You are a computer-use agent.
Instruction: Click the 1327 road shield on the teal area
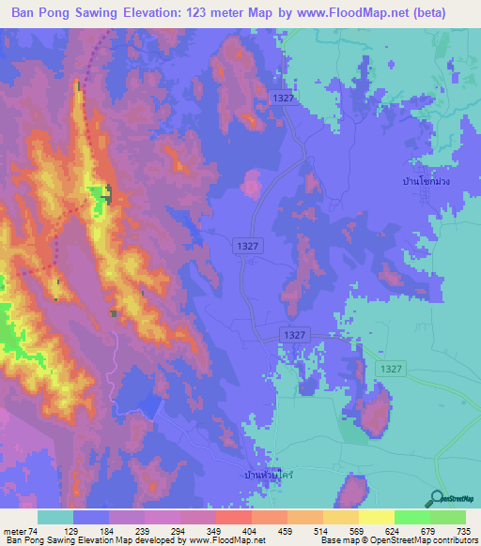click(x=392, y=370)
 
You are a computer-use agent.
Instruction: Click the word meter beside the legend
click(x=16, y=532)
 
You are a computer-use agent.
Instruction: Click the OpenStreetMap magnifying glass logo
click(x=437, y=498)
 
